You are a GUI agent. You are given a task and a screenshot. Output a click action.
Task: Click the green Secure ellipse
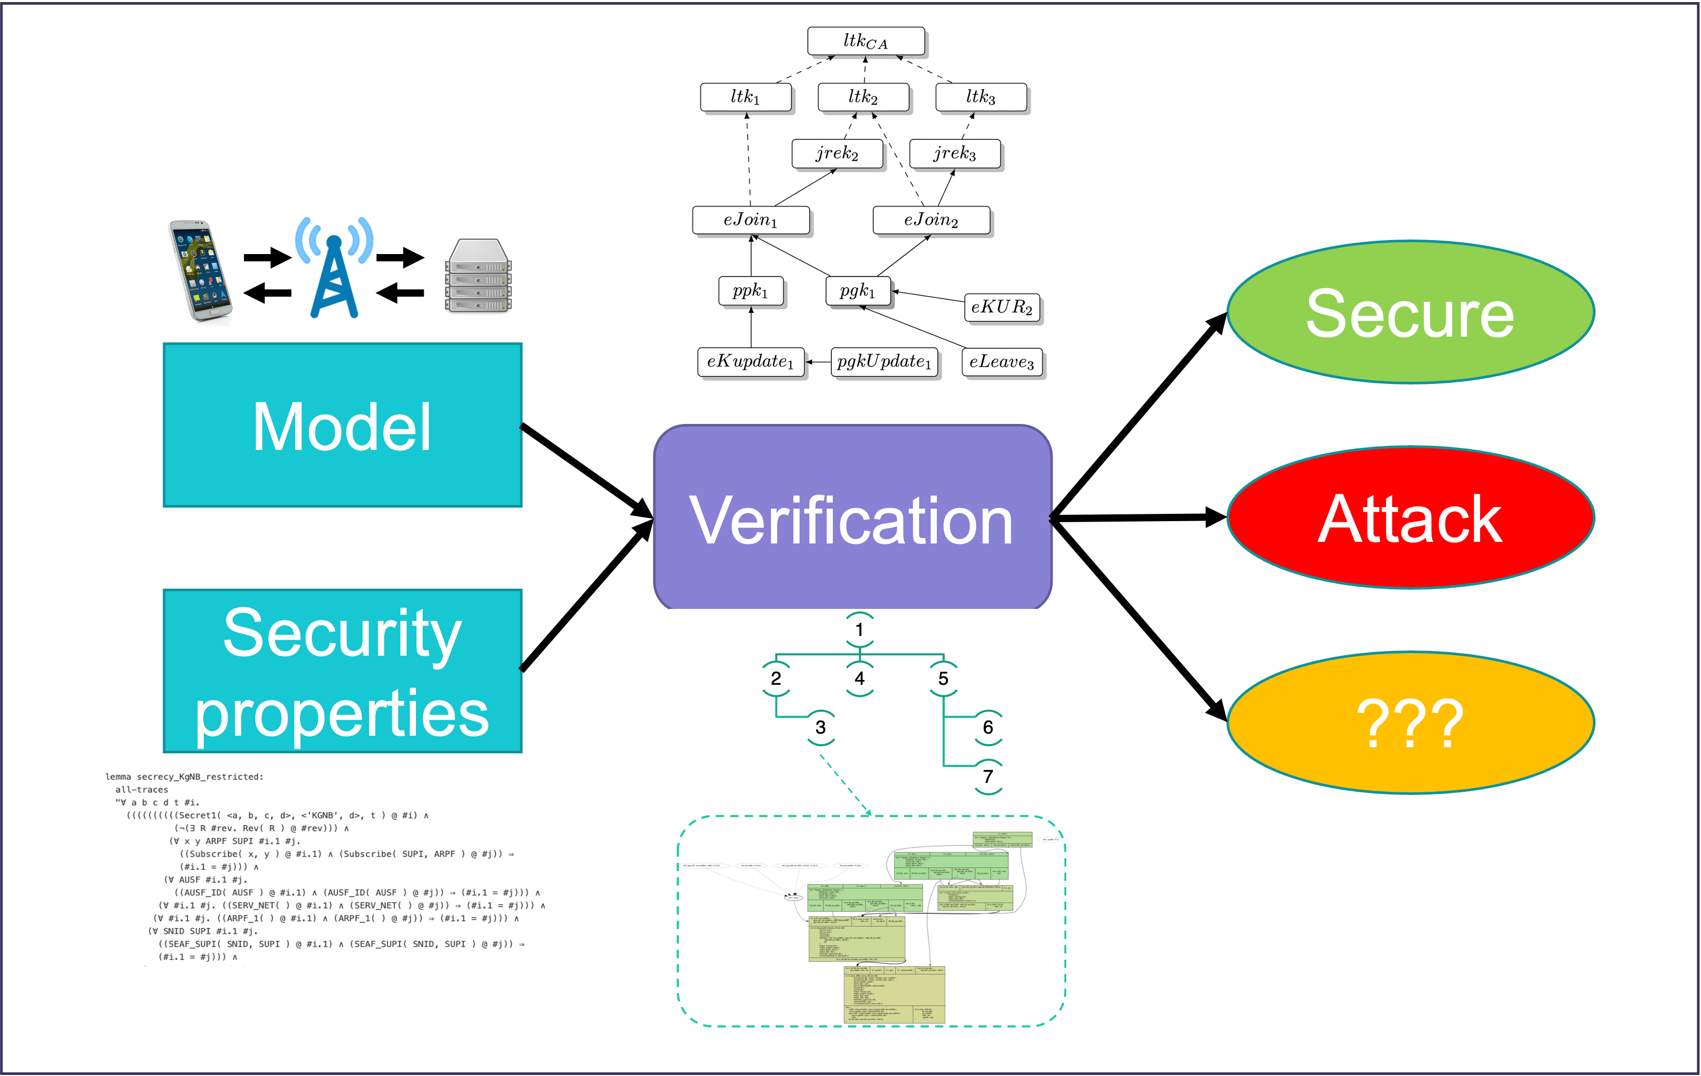tap(1410, 313)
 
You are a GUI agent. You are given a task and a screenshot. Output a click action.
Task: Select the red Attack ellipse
tap(1410, 517)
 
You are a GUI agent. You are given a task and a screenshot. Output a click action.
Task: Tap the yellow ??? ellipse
tap(1410, 723)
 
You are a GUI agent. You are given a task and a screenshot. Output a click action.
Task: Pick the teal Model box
tap(343, 426)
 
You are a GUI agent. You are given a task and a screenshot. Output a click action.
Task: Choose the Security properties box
tap(343, 671)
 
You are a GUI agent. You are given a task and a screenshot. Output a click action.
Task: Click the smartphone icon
tap(200, 271)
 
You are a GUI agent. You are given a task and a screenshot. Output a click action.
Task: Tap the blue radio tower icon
tap(334, 268)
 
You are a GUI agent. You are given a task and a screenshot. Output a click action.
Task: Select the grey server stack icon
tap(478, 276)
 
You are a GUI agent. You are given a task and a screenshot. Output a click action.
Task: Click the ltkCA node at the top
tap(866, 42)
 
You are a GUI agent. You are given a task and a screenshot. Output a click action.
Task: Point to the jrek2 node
tap(837, 153)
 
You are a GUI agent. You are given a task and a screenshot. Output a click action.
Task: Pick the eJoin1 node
tap(750, 220)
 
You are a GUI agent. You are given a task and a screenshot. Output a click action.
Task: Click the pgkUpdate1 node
tap(884, 362)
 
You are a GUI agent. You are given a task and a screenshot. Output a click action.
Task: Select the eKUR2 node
tap(1002, 307)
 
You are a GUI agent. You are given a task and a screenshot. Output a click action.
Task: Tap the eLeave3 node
tap(1002, 362)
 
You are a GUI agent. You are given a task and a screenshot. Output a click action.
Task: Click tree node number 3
tap(820, 727)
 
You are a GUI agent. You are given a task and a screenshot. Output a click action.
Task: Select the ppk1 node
tap(750, 291)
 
